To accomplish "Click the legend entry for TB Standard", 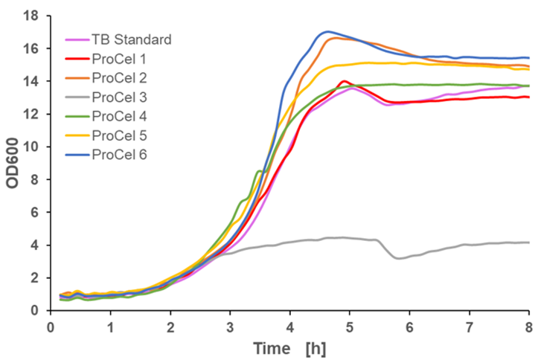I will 131,39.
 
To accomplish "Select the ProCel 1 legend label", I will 119,58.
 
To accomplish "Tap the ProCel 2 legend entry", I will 119,77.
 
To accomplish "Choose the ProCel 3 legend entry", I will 119,97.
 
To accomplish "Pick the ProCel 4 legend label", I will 119,116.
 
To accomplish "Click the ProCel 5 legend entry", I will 119,135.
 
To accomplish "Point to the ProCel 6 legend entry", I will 119,155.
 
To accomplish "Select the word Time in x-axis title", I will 271,348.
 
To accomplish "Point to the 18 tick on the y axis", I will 32,15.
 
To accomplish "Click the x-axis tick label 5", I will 350,327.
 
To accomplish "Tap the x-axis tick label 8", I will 529,327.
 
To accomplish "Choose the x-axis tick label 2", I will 170,327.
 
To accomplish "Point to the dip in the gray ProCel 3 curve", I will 400,258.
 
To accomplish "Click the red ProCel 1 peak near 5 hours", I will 343,81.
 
